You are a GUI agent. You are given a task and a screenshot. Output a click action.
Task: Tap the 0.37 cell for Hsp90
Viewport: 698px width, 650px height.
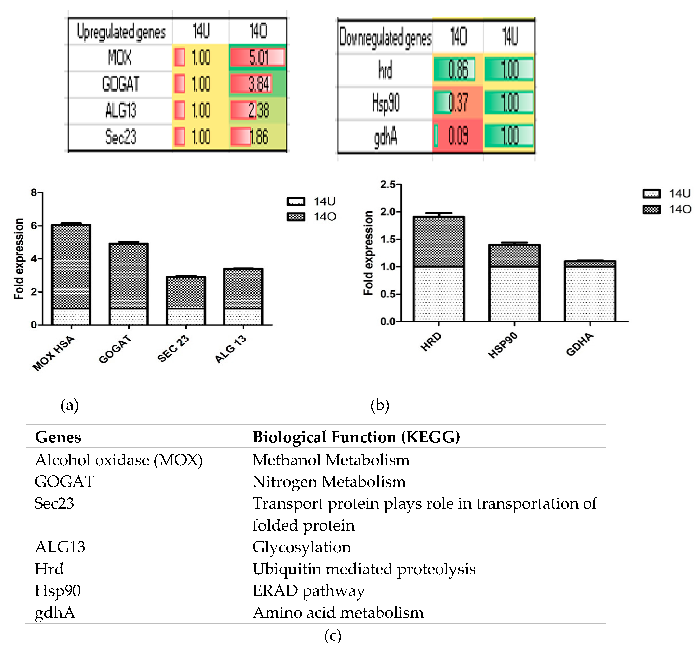click(457, 103)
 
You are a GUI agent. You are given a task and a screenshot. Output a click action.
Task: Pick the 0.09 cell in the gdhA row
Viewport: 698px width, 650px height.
click(457, 136)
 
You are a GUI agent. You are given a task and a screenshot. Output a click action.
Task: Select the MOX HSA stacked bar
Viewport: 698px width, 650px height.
click(71, 274)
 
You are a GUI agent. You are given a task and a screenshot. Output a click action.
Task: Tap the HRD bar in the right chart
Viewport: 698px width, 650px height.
click(439, 269)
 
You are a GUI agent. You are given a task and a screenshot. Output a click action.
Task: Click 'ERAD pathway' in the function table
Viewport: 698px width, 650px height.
click(308, 591)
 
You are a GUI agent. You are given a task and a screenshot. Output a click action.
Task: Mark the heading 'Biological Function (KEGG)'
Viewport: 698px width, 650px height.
click(356, 437)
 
